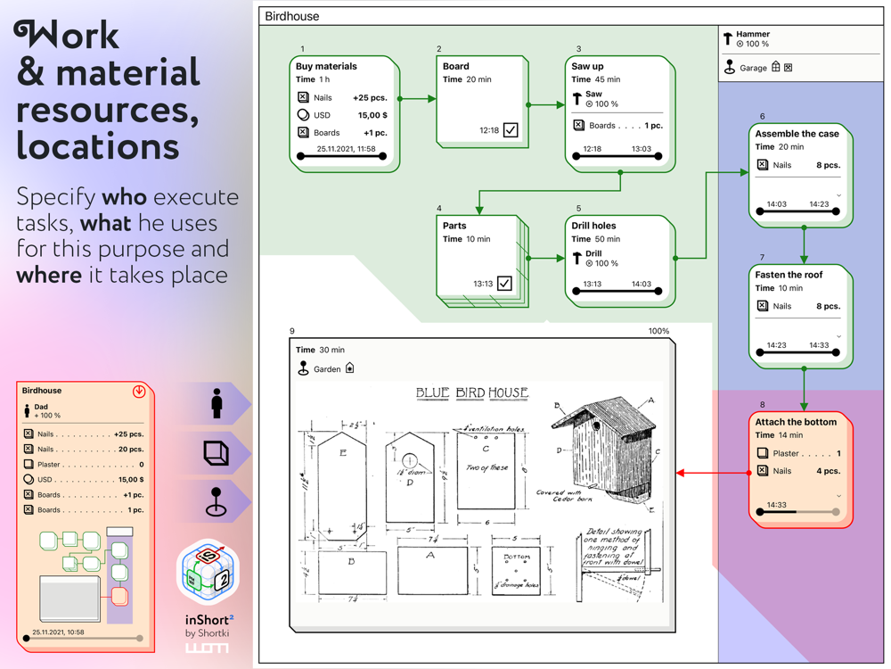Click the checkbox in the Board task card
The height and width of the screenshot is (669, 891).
click(511, 130)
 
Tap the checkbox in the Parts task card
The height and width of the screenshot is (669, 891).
click(504, 284)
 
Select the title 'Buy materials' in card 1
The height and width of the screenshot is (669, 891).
click(326, 66)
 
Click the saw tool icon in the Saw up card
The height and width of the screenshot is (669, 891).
click(577, 98)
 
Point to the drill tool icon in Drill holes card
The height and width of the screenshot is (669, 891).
click(577, 258)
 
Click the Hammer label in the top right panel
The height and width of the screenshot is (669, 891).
click(753, 35)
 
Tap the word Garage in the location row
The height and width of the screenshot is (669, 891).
click(753, 68)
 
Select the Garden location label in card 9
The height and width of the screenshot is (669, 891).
click(327, 368)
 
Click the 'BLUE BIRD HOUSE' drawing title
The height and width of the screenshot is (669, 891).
click(472, 392)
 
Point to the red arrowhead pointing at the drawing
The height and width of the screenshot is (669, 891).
click(681, 473)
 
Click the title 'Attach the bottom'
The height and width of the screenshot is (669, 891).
click(796, 422)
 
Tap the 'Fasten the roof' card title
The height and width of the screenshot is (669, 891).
click(789, 275)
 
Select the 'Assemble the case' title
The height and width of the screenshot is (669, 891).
click(797, 134)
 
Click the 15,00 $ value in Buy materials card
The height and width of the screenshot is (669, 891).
click(372, 115)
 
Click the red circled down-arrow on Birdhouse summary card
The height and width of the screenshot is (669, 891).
click(139, 392)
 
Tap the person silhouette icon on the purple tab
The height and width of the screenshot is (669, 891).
click(217, 404)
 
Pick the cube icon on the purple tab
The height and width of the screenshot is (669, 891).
click(216, 453)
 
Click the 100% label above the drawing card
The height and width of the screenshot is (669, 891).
click(658, 331)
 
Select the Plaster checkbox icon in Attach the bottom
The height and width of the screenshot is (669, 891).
click(762, 453)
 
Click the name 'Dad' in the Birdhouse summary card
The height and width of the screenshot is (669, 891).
click(41, 407)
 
